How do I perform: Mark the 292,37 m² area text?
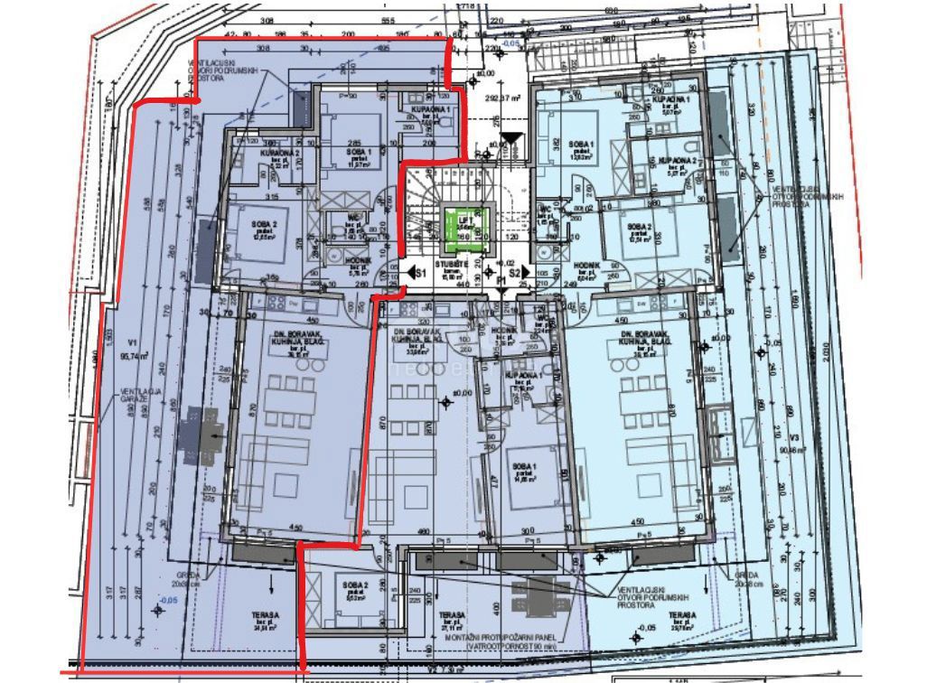(x=503, y=98)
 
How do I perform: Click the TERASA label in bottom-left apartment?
(x=265, y=616)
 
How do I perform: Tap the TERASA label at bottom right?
(x=682, y=616)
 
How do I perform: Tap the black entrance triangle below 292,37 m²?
(x=512, y=140)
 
